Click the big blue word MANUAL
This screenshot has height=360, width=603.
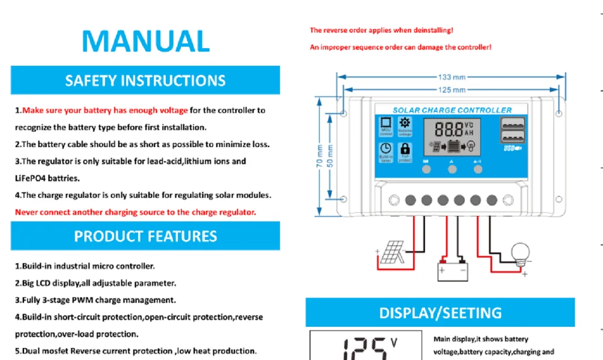pos(145,40)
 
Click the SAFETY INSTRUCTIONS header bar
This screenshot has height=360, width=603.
pos(145,80)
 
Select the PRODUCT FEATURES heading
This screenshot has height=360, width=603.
pos(145,236)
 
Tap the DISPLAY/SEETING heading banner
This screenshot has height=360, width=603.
pos(440,313)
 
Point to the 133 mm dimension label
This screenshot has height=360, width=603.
pos(451,77)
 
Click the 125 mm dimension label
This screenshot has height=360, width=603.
pos(451,90)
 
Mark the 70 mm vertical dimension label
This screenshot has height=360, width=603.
pos(319,158)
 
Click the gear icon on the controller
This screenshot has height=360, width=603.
pos(405,123)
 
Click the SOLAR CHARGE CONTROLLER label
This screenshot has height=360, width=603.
pos(452,110)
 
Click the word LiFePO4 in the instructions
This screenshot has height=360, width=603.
pos(31,178)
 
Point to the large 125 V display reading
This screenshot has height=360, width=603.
pos(364,349)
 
